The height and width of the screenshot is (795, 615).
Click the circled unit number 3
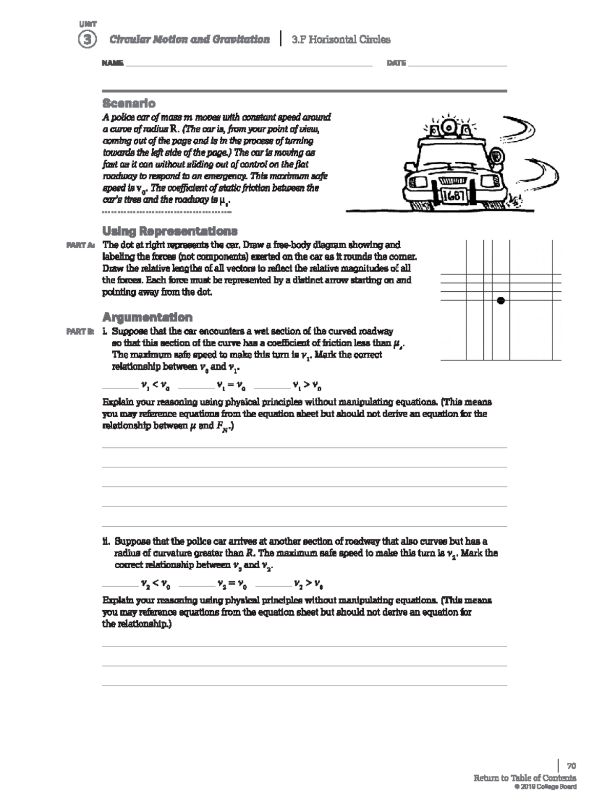coord(87,40)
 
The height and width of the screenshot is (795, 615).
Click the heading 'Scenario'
coord(129,103)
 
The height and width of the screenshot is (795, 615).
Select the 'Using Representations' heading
coord(170,230)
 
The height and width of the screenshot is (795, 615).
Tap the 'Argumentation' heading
coord(147,317)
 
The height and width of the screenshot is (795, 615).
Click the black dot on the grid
coord(501,300)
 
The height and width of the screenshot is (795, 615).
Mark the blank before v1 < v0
coord(120,386)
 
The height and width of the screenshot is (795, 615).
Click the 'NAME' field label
coord(112,63)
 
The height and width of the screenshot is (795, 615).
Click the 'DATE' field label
coord(396,63)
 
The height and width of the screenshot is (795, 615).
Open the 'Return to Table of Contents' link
coord(524,778)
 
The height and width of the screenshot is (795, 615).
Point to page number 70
coord(571,766)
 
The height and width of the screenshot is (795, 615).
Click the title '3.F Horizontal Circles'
coord(341,40)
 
